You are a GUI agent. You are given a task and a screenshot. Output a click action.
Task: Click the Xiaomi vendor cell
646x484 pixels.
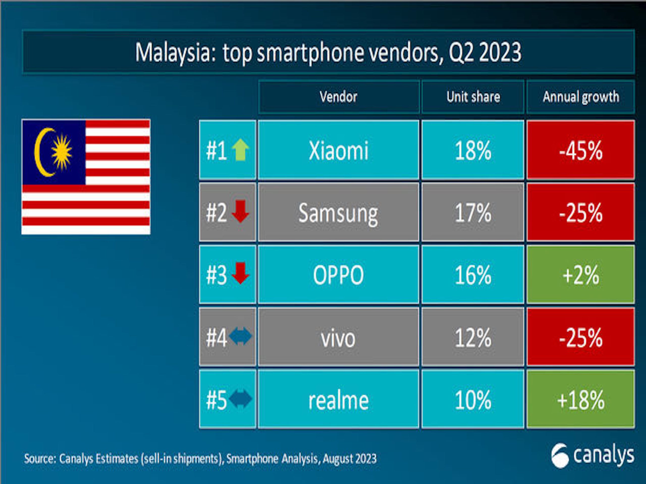[x=338, y=150]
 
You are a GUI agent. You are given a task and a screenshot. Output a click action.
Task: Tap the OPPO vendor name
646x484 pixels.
[x=338, y=275]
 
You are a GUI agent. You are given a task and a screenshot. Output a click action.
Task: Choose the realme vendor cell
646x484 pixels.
[x=338, y=400]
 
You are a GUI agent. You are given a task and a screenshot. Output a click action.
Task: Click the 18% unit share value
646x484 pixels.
[x=473, y=150]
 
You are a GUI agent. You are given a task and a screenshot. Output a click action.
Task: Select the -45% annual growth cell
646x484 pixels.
[x=581, y=150]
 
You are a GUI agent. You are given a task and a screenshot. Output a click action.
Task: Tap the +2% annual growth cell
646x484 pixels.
[x=581, y=275]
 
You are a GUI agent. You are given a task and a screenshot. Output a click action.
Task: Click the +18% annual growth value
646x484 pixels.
[x=581, y=400]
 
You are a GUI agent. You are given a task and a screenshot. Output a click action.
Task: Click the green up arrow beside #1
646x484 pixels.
[x=240, y=150]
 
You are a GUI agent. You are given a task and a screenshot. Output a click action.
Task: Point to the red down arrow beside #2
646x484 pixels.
[x=240, y=211]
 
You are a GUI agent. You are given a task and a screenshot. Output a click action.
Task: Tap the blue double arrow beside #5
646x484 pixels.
[x=240, y=399]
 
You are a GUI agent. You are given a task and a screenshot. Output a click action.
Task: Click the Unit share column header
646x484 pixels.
[x=473, y=97]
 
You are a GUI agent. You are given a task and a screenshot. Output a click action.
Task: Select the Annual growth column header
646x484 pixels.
[x=581, y=97]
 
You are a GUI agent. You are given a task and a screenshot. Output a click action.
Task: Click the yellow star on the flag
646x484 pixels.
[x=62, y=152]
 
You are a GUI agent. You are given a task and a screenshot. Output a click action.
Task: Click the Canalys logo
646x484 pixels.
[x=593, y=456]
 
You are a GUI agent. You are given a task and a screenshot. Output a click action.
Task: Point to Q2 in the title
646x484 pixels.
[x=461, y=52]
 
